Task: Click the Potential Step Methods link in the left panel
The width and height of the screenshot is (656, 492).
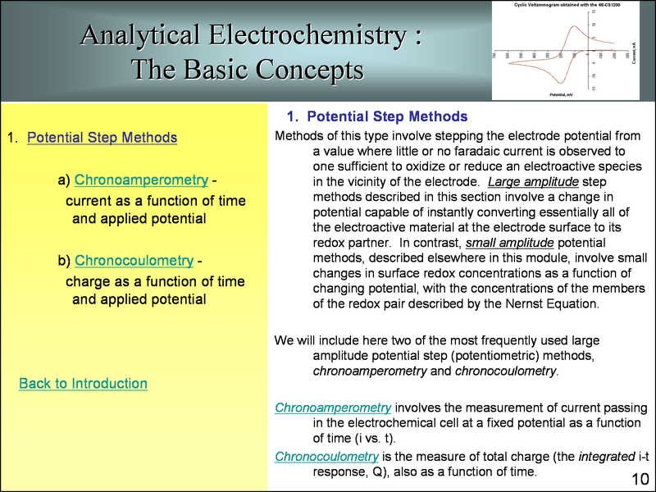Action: click(x=102, y=137)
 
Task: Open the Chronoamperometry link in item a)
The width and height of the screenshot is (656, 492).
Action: click(x=140, y=180)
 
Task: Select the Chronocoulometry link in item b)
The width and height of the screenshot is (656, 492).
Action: click(x=134, y=261)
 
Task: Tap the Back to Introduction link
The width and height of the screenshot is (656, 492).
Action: click(x=83, y=383)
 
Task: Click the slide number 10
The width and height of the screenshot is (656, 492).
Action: click(x=640, y=478)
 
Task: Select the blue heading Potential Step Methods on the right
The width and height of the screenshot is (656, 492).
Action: click(x=387, y=116)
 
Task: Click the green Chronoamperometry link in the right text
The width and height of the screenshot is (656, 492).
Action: click(x=333, y=408)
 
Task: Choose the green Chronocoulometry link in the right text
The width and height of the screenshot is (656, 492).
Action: click(x=326, y=456)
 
